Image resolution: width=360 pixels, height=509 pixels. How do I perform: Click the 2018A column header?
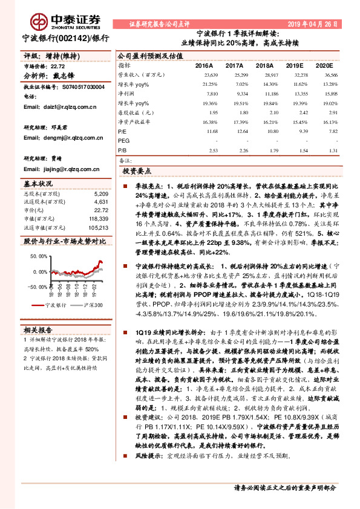click(x=265, y=65)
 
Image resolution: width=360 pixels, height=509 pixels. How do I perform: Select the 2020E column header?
click(x=324, y=65)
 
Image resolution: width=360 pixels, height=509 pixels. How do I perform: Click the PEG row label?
click(x=124, y=140)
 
